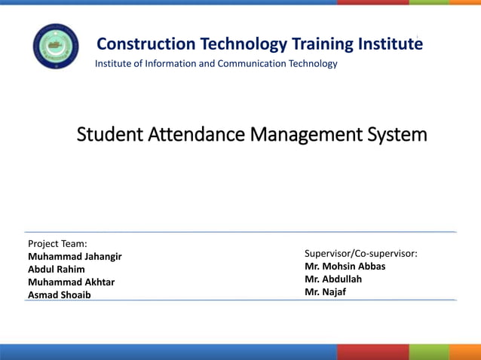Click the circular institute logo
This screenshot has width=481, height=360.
click(55, 46)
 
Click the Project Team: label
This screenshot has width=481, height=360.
click(57, 243)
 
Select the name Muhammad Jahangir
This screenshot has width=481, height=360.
click(75, 256)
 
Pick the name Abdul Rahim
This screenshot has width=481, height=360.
click(56, 269)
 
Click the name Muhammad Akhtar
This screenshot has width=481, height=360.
click(71, 282)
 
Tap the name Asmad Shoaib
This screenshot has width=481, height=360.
click(59, 294)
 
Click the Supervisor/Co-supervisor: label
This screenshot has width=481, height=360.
click(361, 253)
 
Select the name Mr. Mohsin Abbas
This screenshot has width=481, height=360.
click(345, 266)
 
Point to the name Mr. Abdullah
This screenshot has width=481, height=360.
click(333, 279)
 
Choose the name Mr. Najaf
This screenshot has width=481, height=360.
click(325, 291)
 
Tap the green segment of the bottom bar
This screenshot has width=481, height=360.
click(429, 352)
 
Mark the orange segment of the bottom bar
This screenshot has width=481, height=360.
click(465, 352)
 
